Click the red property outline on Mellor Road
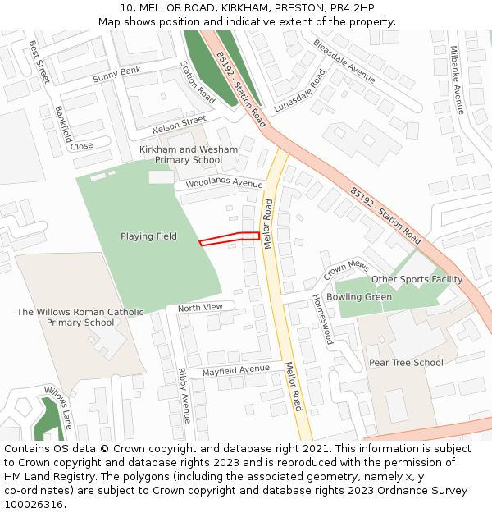(230, 238)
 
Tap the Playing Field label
(148, 236)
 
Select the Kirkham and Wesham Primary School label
(189, 154)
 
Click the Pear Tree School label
(406, 363)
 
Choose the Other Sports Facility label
(417, 279)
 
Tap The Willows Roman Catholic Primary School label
(80, 317)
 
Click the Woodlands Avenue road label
(224, 182)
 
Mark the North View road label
(200, 307)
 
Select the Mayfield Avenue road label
(236, 371)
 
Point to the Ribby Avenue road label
(184, 395)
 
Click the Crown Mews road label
(346, 268)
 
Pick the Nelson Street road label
(179, 125)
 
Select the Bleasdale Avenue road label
(344, 60)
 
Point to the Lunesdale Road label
(300, 90)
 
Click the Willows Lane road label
(58, 407)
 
